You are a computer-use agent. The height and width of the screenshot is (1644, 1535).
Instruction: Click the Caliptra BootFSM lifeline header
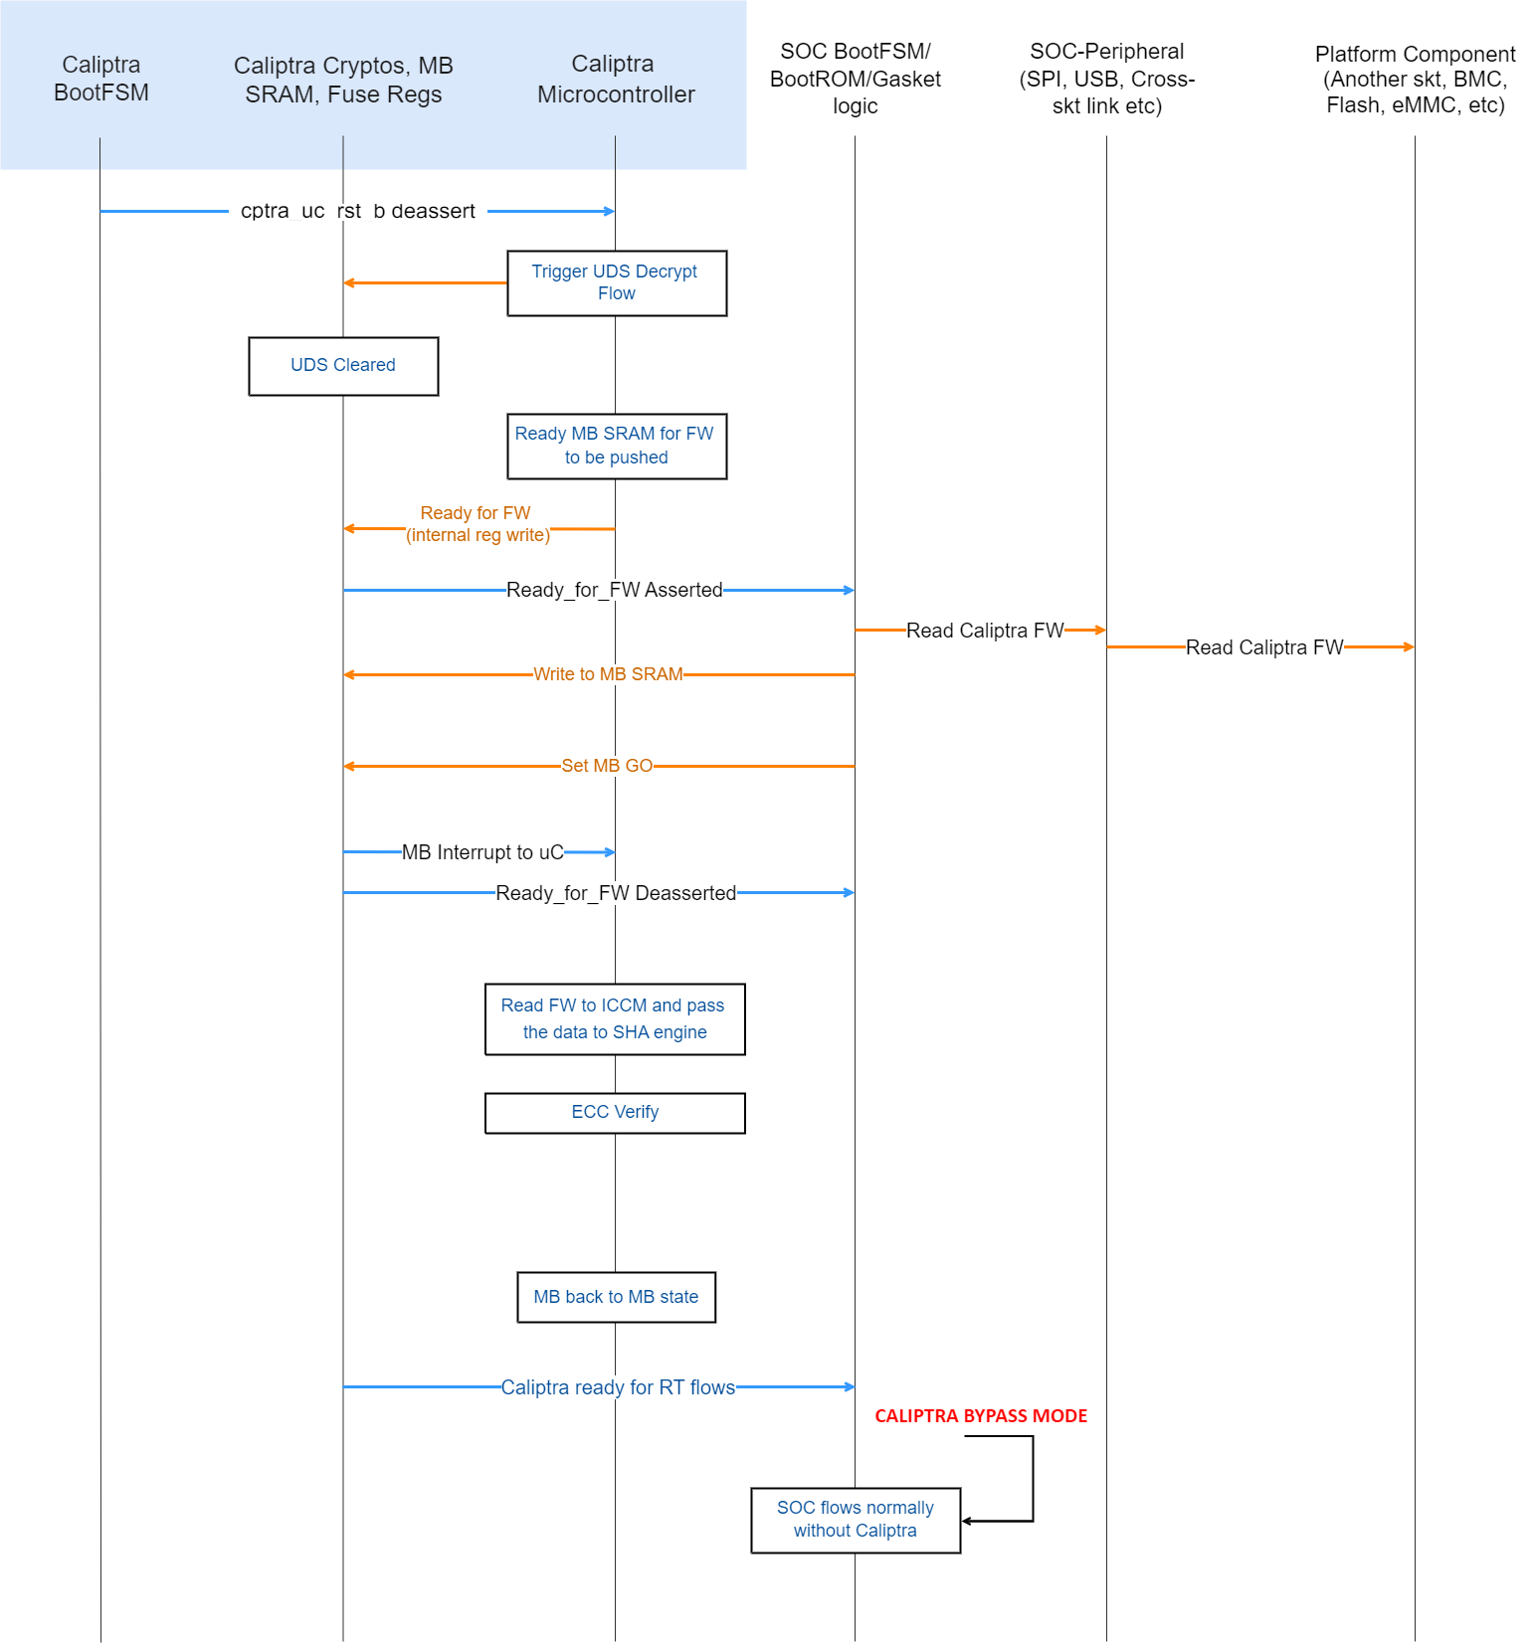[x=100, y=79]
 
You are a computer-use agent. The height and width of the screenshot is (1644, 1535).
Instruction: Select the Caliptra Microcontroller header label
[x=615, y=80]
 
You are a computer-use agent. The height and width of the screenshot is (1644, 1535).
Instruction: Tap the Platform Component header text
[x=1414, y=80]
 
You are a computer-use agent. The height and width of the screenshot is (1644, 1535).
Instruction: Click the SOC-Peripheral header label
[x=1106, y=79]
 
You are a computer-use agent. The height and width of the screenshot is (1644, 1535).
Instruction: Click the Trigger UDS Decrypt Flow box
[x=616, y=282]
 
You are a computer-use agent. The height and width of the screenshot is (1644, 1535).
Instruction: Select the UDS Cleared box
[x=343, y=365]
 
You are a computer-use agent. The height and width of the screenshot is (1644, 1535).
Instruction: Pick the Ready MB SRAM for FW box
[x=616, y=446]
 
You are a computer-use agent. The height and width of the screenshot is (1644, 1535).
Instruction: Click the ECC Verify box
[x=615, y=1112]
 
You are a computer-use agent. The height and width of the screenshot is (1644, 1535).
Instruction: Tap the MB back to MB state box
[x=616, y=1297]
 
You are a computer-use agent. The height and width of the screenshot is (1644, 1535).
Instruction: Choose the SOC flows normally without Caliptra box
[x=855, y=1519]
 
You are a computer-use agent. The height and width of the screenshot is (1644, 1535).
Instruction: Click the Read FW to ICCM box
[x=615, y=1018]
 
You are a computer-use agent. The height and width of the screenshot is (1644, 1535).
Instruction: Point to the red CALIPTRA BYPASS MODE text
[x=980, y=1415]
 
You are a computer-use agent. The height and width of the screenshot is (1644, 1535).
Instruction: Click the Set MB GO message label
[x=607, y=766]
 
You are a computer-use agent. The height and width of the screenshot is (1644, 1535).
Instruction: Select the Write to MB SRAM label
[x=608, y=674]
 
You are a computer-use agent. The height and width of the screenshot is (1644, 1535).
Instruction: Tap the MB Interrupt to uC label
[x=482, y=852]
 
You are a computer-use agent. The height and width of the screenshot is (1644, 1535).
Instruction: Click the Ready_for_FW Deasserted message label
[x=616, y=893]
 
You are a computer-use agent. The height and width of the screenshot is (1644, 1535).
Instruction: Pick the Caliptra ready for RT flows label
[x=618, y=1387]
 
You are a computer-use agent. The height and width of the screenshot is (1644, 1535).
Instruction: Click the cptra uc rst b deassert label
[x=358, y=211]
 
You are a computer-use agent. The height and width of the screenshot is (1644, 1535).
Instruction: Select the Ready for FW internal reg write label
[x=477, y=524]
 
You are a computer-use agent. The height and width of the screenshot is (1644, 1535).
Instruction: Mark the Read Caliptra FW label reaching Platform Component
[x=1263, y=647]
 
